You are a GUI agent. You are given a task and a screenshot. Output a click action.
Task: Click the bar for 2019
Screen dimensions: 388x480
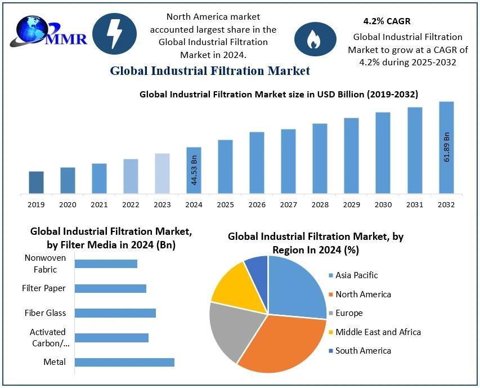click(36, 182)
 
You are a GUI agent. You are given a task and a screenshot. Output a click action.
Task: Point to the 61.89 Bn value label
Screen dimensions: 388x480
click(447, 147)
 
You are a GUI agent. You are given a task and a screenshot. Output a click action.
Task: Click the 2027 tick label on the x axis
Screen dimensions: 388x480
click(288, 204)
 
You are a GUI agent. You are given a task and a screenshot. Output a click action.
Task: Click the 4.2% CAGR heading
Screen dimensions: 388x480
click(387, 21)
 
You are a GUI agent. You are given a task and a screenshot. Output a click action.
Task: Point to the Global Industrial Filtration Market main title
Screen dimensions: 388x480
click(210, 71)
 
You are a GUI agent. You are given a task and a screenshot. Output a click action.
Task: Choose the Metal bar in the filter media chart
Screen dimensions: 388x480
click(124, 362)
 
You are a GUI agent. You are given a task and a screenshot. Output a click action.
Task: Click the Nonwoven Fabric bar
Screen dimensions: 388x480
click(106, 264)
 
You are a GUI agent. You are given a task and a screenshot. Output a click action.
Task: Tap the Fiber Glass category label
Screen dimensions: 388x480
click(45, 313)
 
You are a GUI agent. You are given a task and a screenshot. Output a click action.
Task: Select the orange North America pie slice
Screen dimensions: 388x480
click(281, 344)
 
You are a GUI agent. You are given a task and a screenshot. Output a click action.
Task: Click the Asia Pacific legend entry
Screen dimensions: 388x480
click(356, 275)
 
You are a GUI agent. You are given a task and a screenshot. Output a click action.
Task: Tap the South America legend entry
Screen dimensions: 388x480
click(363, 350)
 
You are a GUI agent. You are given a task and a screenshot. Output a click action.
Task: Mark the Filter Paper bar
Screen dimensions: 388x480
click(110, 288)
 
